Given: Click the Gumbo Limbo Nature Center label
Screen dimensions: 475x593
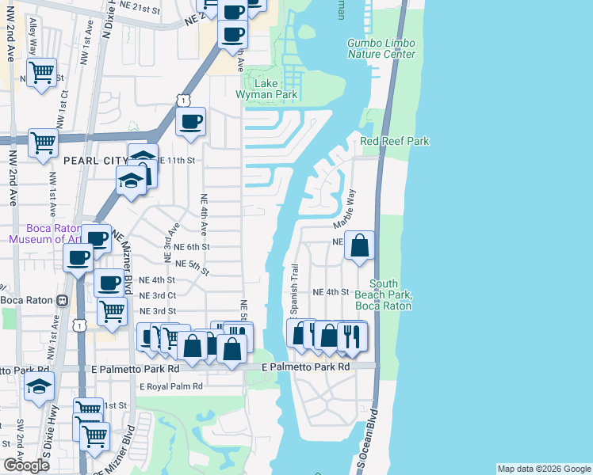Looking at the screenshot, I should (381, 48).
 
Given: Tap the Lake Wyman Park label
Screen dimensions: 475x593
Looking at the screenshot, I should (270, 88).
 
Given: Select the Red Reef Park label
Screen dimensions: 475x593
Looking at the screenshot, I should (394, 141).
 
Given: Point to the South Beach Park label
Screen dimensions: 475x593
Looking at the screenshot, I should (394, 294).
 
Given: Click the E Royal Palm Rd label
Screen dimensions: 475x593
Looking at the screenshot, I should (170, 387).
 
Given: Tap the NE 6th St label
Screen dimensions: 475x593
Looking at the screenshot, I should (187, 247).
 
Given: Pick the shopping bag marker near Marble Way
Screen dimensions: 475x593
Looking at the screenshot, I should (360, 245).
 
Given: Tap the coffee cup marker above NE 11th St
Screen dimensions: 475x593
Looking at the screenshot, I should (190, 122).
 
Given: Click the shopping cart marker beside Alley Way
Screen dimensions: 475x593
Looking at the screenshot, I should (41, 73).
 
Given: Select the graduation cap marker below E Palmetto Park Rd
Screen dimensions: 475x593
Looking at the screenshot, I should (39, 388).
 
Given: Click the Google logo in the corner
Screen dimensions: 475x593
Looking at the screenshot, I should (26, 465).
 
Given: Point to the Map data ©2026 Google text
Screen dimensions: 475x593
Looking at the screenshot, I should (543, 469).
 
